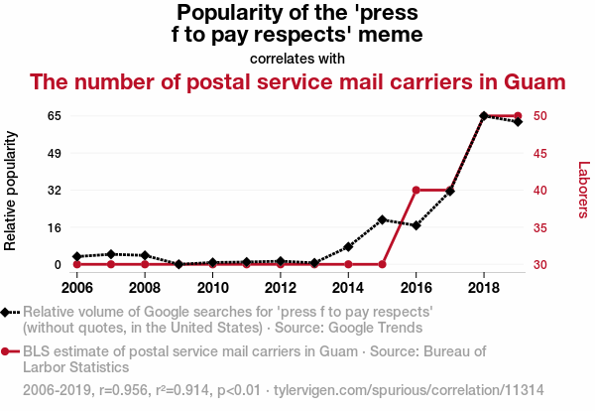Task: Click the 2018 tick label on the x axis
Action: pos(483,288)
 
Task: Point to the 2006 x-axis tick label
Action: pos(76,288)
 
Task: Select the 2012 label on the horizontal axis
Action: pos(280,288)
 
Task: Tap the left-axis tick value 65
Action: pos(54,116)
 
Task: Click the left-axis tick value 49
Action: pos(54,153)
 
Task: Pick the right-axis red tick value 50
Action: pos(543,116)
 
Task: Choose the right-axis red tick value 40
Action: pos(543,190)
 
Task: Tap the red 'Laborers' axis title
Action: pos(583,190)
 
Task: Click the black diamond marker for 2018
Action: pos(484,116)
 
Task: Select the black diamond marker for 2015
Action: pos(382,219)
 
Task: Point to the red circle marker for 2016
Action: pos(416,190)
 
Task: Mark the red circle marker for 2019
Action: pos(518,116)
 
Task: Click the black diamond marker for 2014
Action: pos(348,246)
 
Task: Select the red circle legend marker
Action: pos(7,350)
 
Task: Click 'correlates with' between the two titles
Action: pos(297,58)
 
